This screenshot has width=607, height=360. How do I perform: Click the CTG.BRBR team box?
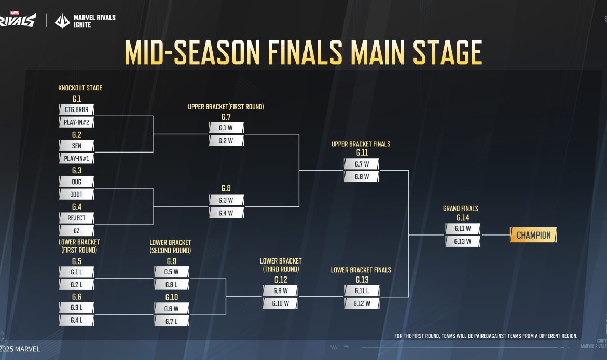tap(76, 110)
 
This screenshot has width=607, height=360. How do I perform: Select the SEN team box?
tap(76, 146)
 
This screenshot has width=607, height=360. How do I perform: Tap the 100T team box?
tap(76, 195)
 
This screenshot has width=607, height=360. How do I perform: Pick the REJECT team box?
tap(76, 218)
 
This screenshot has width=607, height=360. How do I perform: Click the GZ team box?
tap(76, 231)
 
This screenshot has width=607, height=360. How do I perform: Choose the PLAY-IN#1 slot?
tap(76, 159)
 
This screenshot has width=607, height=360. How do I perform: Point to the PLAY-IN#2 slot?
tap(76, 123)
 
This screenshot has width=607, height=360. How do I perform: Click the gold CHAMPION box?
tap(533, 235)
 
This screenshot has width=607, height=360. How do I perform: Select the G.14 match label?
tap(463, 218)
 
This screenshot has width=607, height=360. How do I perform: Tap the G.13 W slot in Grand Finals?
tap(463, 241)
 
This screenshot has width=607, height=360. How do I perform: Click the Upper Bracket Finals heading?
tap(361, 144)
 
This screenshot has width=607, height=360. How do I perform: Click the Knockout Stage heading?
tap(80, 88)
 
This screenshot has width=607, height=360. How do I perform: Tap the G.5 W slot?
tap(172, 272)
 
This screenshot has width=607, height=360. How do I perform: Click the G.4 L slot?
tap(76, 321)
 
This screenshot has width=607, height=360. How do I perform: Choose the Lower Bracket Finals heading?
tap(361, 270)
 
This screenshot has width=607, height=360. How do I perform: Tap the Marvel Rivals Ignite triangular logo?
tap(62, 21)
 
